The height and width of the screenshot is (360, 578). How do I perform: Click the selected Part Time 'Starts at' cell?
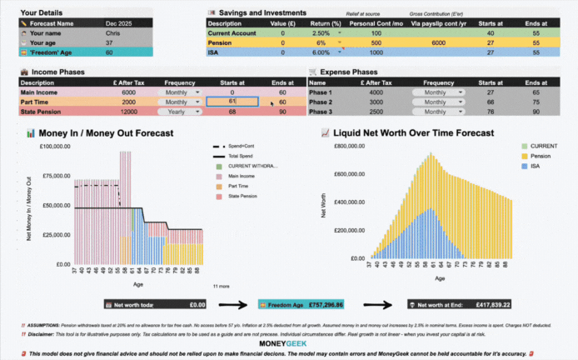coord(232,102)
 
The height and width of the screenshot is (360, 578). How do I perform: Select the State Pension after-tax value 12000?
coord(128,112)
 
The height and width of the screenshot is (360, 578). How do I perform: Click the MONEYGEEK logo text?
coord(288,343)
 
